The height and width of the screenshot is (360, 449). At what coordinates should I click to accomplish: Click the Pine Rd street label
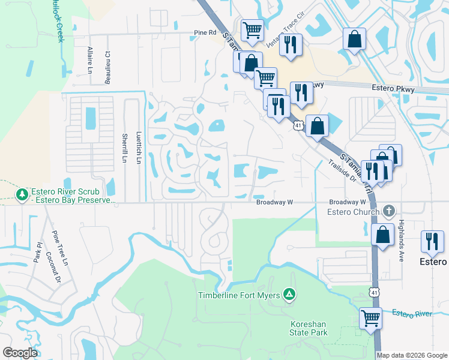tap(205, 33)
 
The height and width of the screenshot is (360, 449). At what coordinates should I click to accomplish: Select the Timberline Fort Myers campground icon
tap(289, 294)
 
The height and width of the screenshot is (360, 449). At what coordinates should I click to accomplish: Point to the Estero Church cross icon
tap(389, 211)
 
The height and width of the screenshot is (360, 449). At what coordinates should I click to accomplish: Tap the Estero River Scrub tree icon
tap(22, 194)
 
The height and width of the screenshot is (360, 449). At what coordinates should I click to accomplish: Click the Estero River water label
tap(412, 313)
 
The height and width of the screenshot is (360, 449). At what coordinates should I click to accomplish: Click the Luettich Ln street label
tap(139, 149)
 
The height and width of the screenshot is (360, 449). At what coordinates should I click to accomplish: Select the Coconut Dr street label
tap(59, 271)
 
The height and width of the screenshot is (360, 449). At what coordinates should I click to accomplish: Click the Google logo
tap(20, 353)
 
